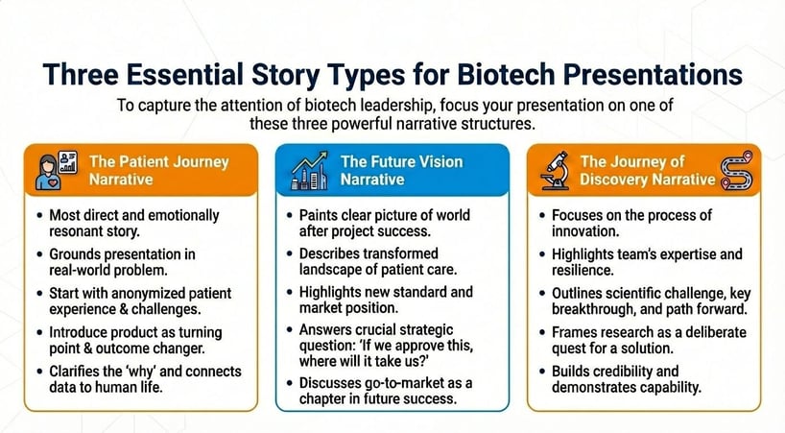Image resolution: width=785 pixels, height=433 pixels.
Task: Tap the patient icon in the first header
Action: pos(54,169)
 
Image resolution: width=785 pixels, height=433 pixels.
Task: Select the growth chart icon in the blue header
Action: pos(311,170)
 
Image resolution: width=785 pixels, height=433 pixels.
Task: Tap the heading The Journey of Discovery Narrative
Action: pos(647,170)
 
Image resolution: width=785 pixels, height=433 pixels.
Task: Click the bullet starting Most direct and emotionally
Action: pos(134,224)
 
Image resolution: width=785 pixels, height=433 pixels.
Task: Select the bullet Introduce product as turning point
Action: pos(137,342)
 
